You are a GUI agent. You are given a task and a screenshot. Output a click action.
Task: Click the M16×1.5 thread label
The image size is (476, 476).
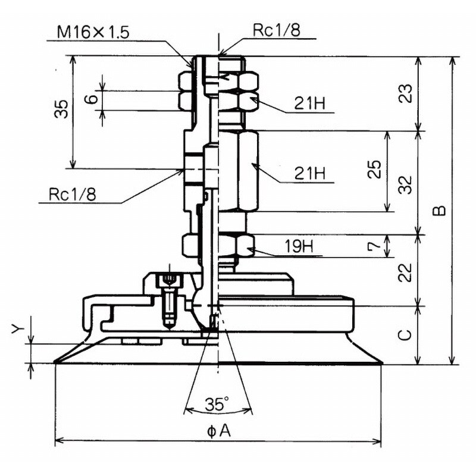[93, 32]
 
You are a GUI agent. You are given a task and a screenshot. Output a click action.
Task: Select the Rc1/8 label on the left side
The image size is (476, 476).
[73, 194]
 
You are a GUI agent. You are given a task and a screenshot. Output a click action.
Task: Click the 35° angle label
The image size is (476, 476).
[217, 403]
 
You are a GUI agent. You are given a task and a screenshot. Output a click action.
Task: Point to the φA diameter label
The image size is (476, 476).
[219, 431]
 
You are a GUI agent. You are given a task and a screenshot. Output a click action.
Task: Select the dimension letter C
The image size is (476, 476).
[405, 334]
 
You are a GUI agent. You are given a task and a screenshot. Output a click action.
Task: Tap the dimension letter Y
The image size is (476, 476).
[18, 328]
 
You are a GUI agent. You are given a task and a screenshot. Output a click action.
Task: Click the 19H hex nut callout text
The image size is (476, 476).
[299, 246]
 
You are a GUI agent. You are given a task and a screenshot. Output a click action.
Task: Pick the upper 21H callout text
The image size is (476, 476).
[309, 104]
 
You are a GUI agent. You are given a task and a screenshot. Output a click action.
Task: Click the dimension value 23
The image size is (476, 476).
[405, 93]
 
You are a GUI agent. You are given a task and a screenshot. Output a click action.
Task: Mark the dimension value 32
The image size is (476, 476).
[405, 184]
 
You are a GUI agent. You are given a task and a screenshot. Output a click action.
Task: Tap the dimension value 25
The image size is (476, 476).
[374, 169]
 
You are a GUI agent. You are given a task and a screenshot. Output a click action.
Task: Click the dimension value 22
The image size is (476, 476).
[405, 273]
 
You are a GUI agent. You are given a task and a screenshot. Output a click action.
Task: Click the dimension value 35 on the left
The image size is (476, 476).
[61, 109]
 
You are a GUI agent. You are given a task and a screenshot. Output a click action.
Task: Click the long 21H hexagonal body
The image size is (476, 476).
[238, 171]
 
